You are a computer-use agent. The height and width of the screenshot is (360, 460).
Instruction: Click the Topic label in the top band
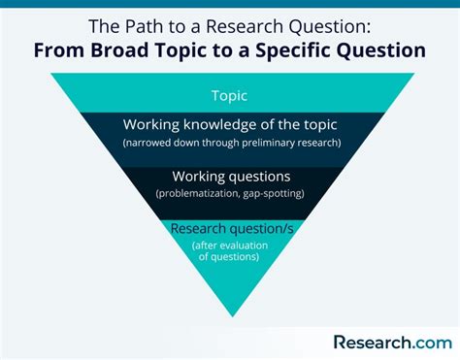tap(231, 95)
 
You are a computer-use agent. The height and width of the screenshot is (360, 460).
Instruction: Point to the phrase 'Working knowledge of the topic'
tap(231, 125)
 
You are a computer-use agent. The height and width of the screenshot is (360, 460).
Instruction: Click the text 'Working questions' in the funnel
tap(231, 177)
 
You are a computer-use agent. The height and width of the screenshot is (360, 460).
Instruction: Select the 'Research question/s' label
tap(231, 229)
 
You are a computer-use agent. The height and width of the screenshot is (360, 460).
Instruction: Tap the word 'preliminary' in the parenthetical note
tap(274, 143)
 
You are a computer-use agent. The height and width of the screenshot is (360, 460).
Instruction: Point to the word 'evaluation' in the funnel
tap(248, 245)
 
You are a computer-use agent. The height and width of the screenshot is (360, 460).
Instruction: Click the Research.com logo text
tap(391, 341)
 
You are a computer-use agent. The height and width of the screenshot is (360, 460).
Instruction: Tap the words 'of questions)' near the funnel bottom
tap(231, 257)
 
